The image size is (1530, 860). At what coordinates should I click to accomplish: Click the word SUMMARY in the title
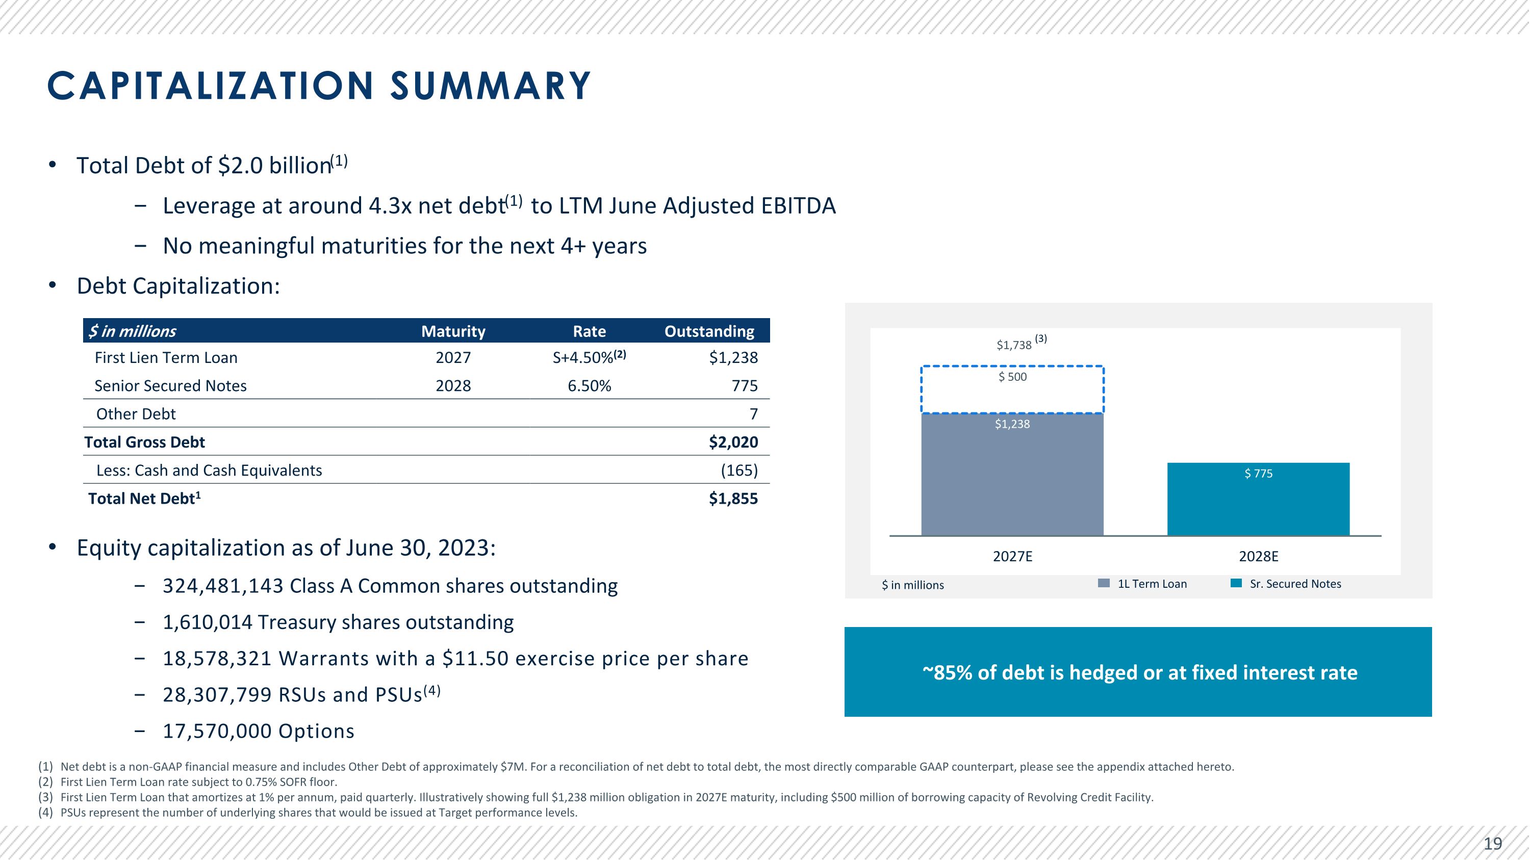pos(490,86)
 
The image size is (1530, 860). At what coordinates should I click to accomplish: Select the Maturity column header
pos(453,331)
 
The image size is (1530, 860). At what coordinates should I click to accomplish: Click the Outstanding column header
pos(709,331)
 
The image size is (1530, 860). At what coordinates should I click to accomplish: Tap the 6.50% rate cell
pos(589,386)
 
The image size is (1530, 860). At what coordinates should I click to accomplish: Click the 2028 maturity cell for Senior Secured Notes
pos(453,386)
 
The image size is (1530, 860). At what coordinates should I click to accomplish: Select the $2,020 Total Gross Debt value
pos(733,442)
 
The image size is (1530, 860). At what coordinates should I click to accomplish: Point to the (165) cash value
pos(739,471)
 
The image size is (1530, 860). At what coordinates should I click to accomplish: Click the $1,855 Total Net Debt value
pos(733,499)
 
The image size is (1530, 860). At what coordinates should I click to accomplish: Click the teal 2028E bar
pos(1258,505)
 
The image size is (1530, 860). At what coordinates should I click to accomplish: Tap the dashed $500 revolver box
pos(1012,389)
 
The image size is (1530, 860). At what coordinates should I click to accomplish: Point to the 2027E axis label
pos(1013,557)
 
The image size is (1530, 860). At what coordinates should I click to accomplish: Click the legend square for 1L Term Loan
pos(1104,583)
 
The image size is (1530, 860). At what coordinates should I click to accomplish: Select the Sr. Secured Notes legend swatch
pos(1236,583)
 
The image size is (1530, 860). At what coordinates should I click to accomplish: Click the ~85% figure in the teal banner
pos(947,672)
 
